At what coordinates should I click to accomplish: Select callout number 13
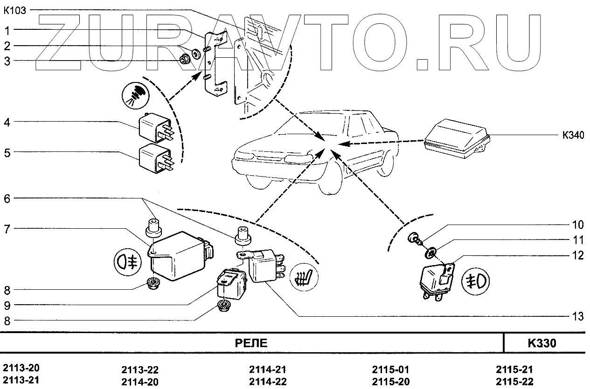click(577, 317)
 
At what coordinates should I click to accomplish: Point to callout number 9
click(7, 306)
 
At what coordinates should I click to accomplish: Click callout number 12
click(577, 255)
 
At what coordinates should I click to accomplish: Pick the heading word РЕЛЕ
click(251, 344)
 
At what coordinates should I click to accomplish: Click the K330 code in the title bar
click(542, 344)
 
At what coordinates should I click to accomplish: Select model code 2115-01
click(391, 370)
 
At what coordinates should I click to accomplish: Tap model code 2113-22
click(140, 370)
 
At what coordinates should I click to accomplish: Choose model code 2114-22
click(268, 382)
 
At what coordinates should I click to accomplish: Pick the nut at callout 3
click(185, 59)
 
